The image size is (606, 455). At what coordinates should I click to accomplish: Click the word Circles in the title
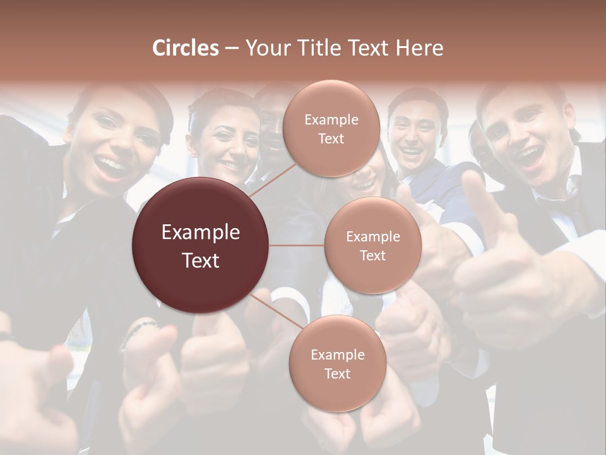click(185, 48)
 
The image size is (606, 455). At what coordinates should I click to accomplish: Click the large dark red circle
click(201, 245)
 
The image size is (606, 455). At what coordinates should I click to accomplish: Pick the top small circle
click(331, 128)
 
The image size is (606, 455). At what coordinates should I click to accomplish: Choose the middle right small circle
click(372, 245)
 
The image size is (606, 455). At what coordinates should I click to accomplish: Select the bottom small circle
click(337, 363)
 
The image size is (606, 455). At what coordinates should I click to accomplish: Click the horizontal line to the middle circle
click(297, 245)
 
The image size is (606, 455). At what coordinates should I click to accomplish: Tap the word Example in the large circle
click(201, 233)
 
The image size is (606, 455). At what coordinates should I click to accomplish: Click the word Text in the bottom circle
click(337, 373)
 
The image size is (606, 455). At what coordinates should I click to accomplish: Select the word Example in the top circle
click(331, 119)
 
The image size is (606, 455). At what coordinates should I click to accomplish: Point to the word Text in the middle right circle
click(372, 255)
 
